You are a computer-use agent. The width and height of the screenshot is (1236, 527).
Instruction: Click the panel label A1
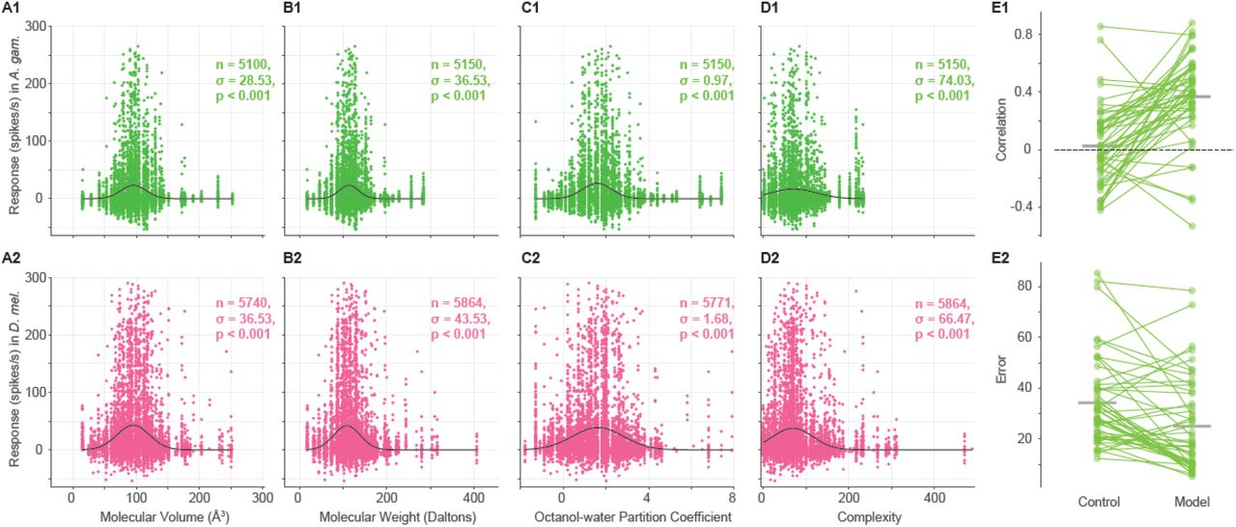(13, 8)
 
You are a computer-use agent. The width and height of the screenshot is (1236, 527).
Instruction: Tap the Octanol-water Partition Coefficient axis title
(627, 517)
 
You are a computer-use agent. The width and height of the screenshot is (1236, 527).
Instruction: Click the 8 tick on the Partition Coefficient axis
(733, 497)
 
